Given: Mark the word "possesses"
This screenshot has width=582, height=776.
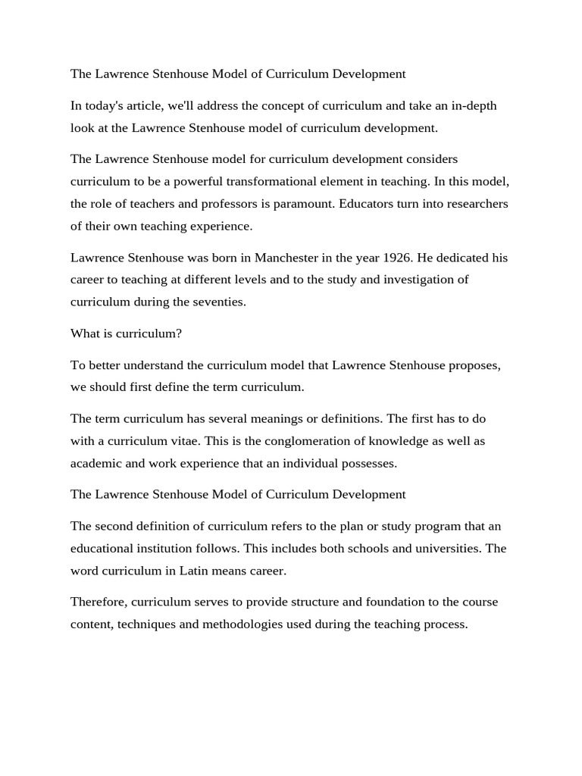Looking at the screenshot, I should [x=369, y=463].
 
